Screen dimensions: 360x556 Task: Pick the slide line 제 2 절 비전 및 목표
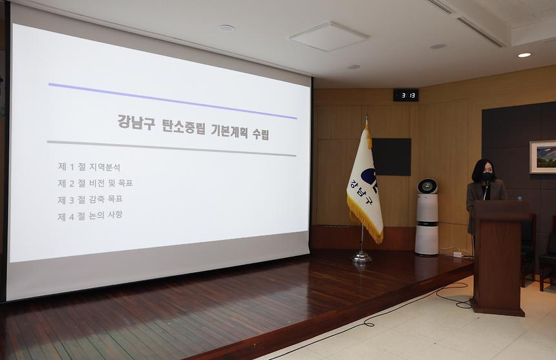(96, 183)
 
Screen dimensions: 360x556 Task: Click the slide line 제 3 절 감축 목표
(91, 199)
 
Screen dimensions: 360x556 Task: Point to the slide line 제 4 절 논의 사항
(90, 215)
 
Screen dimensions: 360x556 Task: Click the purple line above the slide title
(172, 101)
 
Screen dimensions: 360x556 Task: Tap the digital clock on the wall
(405, 95)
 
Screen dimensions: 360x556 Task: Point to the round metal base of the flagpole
(362, 257)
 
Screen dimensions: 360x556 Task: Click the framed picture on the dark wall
(542, 157)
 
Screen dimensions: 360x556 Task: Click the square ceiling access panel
(328, 36)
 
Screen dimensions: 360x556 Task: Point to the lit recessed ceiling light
(524, 55)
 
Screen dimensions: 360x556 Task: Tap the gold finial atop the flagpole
(367, 122)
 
